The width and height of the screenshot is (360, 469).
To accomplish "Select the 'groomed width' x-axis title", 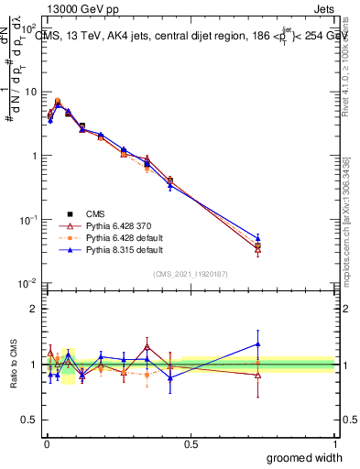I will point(300,457).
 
